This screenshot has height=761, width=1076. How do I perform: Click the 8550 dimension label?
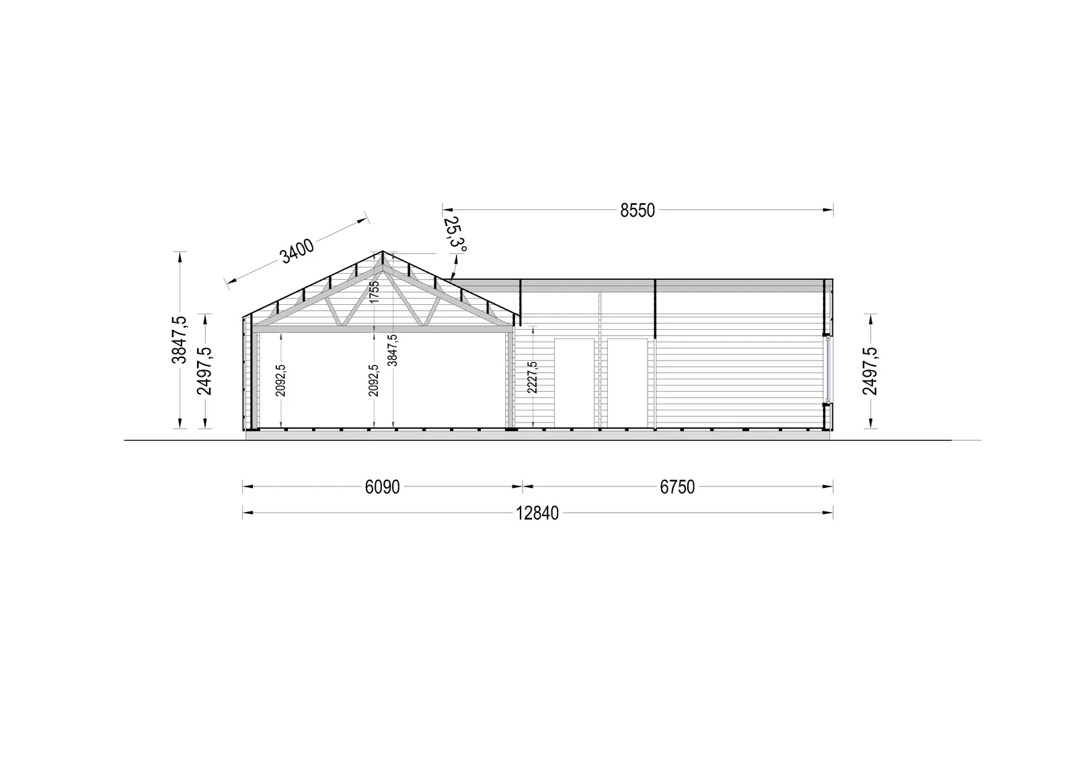click(638, 211)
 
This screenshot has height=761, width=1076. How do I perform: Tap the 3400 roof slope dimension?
click(297, 251)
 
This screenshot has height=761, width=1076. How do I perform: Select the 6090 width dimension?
click(383, 487)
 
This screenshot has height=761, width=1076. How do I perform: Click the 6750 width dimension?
click(677, 487)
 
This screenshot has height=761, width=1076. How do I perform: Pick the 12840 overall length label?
click(537, 513)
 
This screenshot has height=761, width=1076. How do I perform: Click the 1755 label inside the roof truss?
click(375, 292)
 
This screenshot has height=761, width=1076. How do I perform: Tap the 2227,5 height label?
click(532, 378)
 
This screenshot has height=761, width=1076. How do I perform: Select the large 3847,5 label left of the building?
click(179, 340)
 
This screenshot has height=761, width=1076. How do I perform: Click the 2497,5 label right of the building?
click(870, 371)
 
